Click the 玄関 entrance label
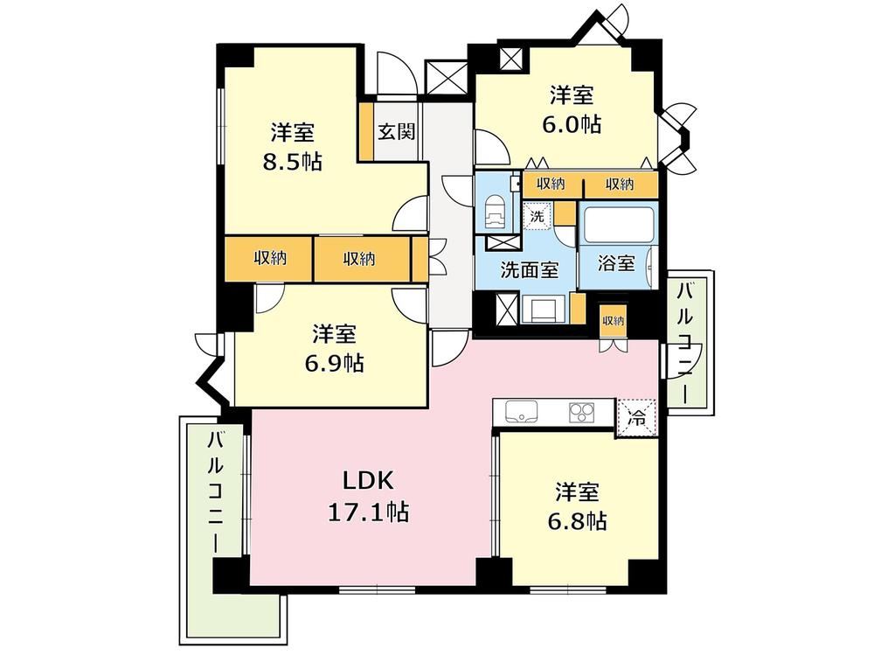coord(397,132)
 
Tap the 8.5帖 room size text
coord(293,162)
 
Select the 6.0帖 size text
coord(572,124)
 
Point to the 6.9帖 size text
coord(334,363)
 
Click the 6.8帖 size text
coord(577,521)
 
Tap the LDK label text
coord(368,479)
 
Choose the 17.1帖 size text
coord(368,511)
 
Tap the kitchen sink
coord(521,412)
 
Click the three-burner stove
coord(582,413)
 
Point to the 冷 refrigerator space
coord(636,417)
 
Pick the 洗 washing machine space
coord(537,215)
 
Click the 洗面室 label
coord(529,270)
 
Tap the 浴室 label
coord(616,262)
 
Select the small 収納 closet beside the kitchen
coord(613,321)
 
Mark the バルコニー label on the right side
coord(685,344)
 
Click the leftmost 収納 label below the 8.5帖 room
coord(270,258)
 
